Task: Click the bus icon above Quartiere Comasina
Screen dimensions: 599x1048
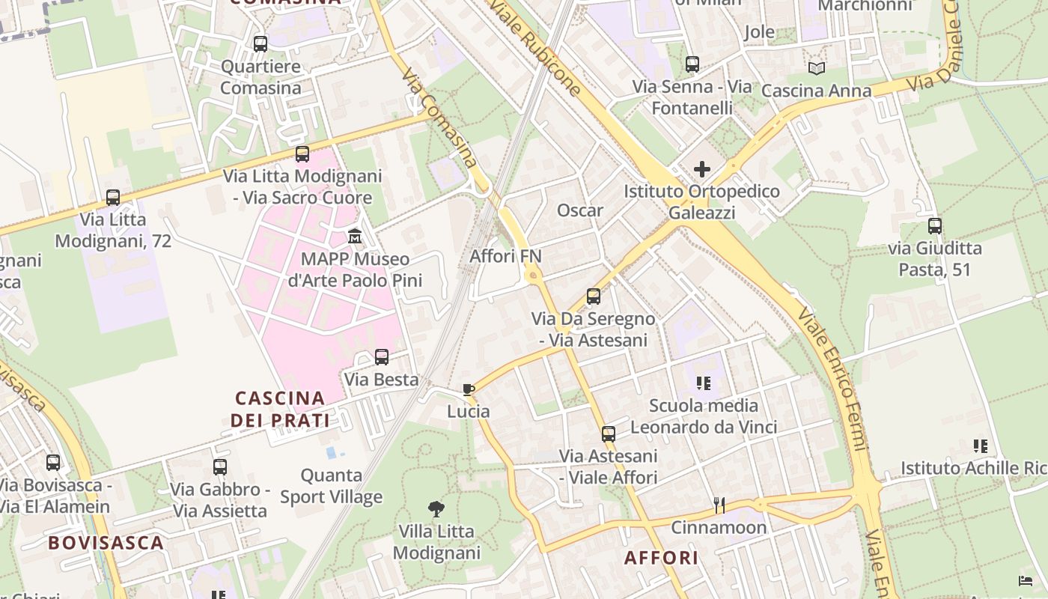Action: click(260, 44)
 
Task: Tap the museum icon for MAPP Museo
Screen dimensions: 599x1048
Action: click(355, 237)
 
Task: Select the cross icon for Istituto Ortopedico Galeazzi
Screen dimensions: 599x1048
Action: click(701, 169)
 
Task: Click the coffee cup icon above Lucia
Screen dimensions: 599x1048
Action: click(469, 389)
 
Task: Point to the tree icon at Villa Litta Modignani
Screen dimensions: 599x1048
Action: click(436, 510)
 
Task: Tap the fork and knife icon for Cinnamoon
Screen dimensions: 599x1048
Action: click(719, 505)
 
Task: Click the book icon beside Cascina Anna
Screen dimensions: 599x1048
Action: click(817, 69)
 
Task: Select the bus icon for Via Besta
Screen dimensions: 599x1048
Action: click(382, 357)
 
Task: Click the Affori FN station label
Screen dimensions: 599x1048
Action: click(505, 256)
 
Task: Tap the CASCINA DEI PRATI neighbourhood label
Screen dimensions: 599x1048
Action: click(280, 409)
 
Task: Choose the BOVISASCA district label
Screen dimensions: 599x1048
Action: click(106, 543)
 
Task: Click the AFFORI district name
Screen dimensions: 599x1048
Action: click(661, 558)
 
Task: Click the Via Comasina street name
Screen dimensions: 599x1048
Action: click(439, 118)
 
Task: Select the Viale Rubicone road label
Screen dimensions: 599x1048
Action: click(535, 48)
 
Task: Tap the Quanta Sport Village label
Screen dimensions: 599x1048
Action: click(331, 486)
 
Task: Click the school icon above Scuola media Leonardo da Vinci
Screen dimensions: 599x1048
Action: click(703, 383)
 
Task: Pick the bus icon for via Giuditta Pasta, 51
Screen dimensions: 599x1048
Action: click(934, 225)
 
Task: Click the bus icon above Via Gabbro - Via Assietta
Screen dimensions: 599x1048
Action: click(220, 467)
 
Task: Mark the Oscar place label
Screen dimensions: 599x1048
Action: click(579, 210)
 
